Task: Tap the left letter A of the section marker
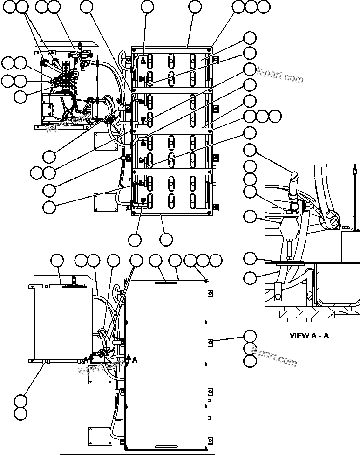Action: pyautogui.click(x=86, y=360)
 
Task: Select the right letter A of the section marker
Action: pyautogui.click(x=135, y=360)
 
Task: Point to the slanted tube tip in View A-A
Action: pyautogui.click(x=294, y=176)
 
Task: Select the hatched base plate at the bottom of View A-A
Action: pyautogui.click(x=307, y=315)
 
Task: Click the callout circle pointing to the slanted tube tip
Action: pyautogui.click(x=250, y=150)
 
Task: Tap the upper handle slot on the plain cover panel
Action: pyautogui.click(x=165, y=282)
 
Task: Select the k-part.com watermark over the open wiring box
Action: pyautogui.click(x=68, y=123)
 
